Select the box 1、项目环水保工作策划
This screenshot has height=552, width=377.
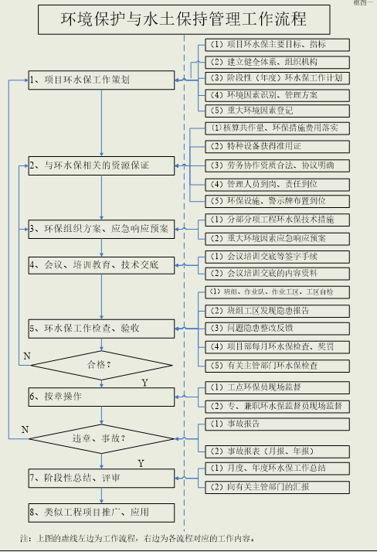(101, 79)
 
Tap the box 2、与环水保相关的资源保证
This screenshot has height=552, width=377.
(101, 165)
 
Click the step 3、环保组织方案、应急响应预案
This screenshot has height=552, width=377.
(101, 228)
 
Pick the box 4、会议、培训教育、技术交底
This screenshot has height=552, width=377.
(101, 265)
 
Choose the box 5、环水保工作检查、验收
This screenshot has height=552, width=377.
(101, 328)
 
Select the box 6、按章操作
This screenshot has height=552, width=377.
(101, 396)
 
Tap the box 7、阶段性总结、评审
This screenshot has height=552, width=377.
(101, 479)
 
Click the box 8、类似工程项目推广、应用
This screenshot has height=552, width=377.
(101, 511)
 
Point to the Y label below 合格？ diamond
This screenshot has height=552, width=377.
(144, 382)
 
